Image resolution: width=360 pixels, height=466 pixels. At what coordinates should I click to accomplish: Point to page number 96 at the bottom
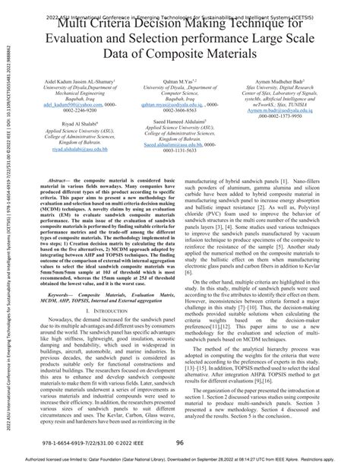[180, 443]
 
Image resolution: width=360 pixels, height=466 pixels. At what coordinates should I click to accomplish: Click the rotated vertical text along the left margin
[6, 228]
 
